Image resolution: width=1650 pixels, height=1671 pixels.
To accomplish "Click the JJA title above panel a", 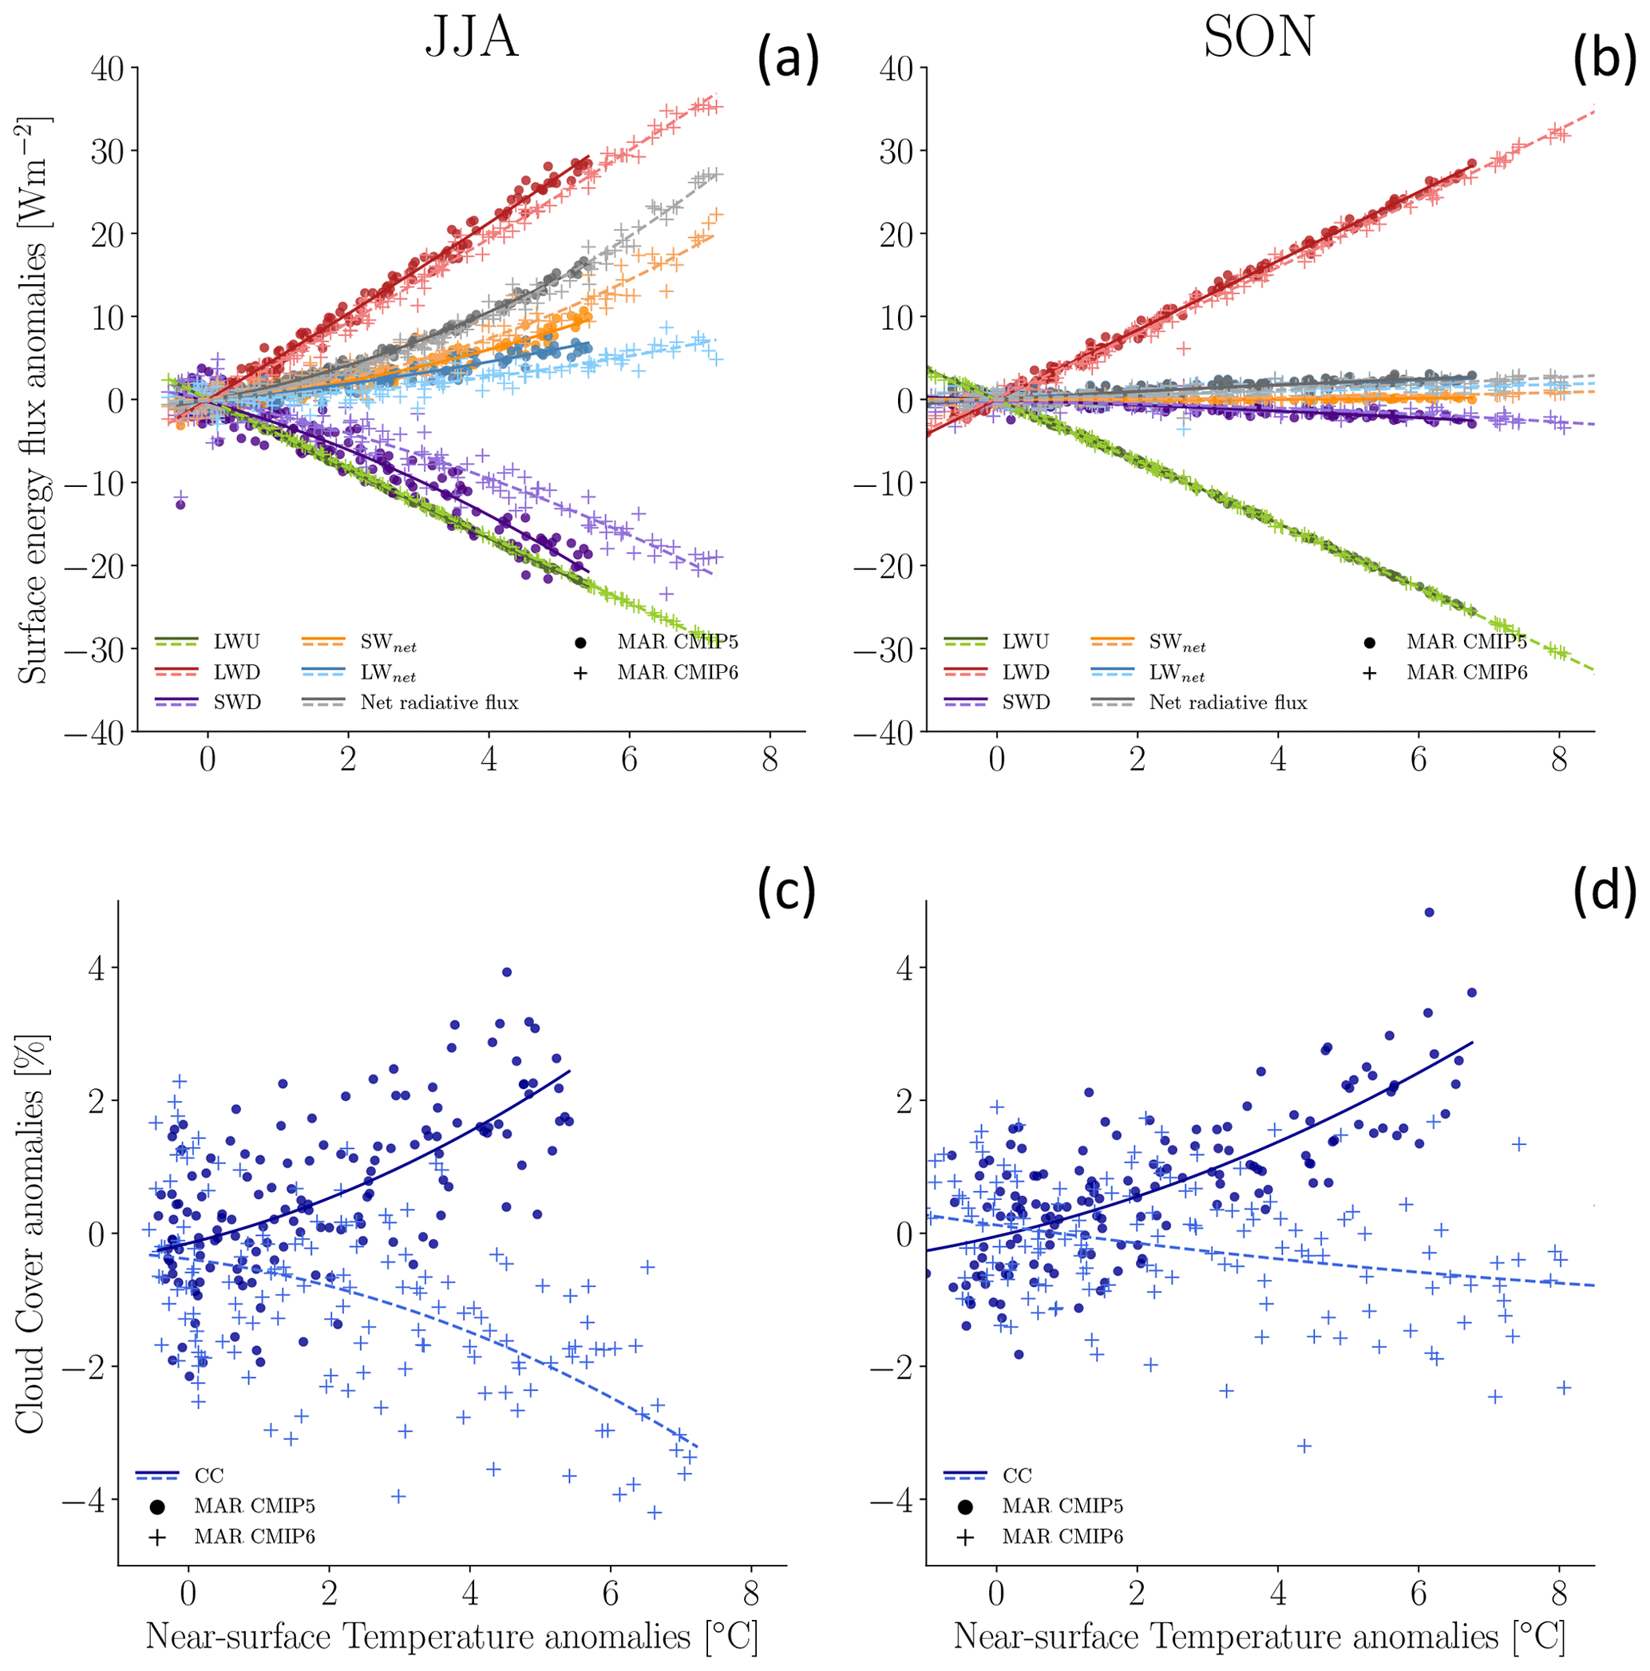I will pyautogui.click(x=471, y=39).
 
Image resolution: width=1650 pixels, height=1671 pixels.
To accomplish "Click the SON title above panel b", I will pyautogui.click(x=1258, y=39).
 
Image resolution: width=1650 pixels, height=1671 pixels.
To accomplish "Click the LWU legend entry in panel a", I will pyautogui.click(x=236, y=642).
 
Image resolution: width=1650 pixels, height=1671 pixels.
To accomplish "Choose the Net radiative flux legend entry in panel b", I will pyautogui.click(x=1227, y=703).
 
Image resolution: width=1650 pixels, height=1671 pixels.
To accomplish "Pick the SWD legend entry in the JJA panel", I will pyautogui.click(x=237, y=703).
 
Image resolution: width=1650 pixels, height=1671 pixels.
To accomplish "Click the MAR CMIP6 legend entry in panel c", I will pyautogui.click(x=254, y=1536).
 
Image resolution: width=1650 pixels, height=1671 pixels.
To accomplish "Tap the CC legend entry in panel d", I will pyautogui.click(x=1017, y=1475).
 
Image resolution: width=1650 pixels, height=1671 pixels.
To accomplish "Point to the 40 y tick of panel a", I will pyautogui.click(x=107, y=69).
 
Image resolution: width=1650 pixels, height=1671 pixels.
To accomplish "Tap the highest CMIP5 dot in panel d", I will pyautogui.click(x=1429, y=913).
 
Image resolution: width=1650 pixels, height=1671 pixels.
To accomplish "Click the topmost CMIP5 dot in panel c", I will pyautogui.click(x=507, y=972).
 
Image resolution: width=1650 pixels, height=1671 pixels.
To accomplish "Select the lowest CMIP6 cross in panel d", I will pyautogui.click(x=1305, y=1445).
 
